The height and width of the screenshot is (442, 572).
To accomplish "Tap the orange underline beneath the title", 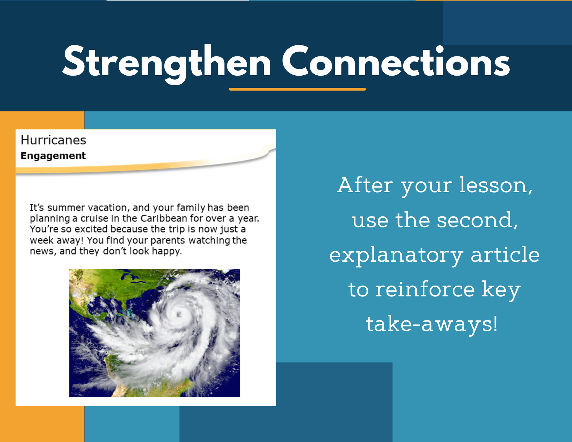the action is click(297, 89).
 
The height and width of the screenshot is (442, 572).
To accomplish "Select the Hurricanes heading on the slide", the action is click(53, 140).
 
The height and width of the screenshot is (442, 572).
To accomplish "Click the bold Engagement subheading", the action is click(53, 156).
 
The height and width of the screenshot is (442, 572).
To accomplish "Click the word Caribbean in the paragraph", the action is click(164, 218).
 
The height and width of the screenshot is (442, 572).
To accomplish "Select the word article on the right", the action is click(505, 254).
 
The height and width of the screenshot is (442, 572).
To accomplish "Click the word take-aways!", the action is click(432, 324).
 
